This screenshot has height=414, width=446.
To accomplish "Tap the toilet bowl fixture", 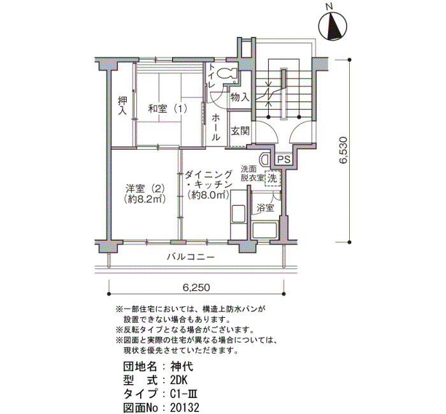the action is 227,73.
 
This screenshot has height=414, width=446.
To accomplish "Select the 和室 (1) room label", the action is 168,109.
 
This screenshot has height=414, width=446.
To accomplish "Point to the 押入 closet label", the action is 122,106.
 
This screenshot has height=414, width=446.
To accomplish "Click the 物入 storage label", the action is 240,97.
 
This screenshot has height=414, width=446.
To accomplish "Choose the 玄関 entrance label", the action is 240,131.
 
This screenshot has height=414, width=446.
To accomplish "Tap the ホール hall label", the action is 216,127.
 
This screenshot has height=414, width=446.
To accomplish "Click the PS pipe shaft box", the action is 284,159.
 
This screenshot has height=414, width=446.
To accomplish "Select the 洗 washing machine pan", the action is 273,178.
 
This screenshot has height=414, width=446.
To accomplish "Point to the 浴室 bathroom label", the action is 265,208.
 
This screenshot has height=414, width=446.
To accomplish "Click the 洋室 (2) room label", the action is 145,189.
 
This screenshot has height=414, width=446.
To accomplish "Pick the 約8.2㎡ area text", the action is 145,199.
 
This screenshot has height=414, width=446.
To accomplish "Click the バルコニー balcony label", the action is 191,257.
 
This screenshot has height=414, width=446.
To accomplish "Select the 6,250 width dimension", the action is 196,287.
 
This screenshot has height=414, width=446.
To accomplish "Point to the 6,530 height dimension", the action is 344,150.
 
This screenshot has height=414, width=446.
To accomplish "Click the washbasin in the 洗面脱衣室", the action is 264,159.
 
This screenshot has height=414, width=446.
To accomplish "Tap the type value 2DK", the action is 179,380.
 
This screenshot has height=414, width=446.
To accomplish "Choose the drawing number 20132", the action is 185,408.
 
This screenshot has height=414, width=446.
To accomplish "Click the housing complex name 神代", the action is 182,366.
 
